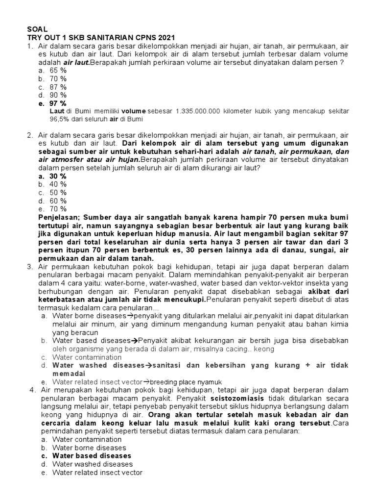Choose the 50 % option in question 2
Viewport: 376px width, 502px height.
point(58,192)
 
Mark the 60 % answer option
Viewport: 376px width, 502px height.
point(58,201)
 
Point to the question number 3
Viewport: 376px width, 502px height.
point(30,267)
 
